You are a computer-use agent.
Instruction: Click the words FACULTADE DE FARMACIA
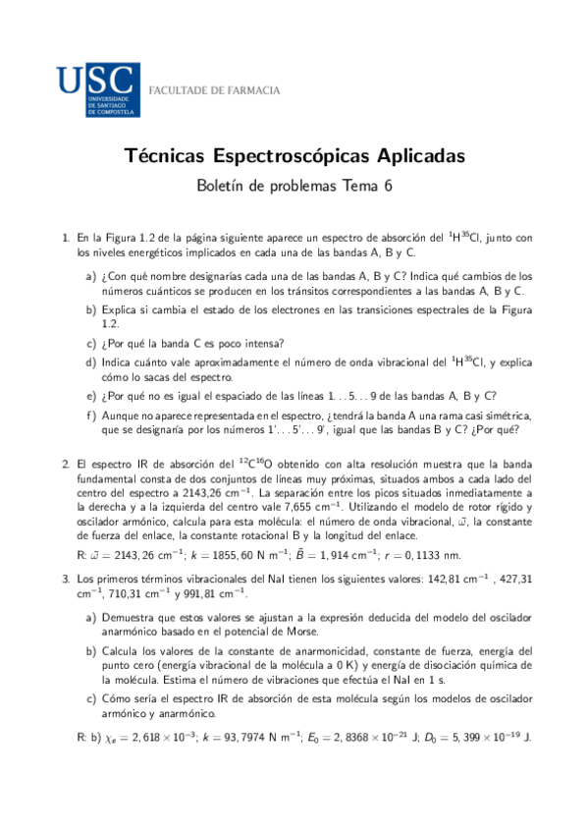click(x=213, y=90)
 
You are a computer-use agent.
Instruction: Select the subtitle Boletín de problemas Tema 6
click(x=294, y=186)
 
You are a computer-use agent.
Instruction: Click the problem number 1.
click(x=66, y=238)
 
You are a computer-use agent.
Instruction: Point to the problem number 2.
click(x=66, y=462)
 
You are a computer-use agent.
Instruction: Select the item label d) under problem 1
click(x=91, y=362)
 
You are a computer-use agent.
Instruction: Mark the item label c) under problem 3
click(x=91, y=697)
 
